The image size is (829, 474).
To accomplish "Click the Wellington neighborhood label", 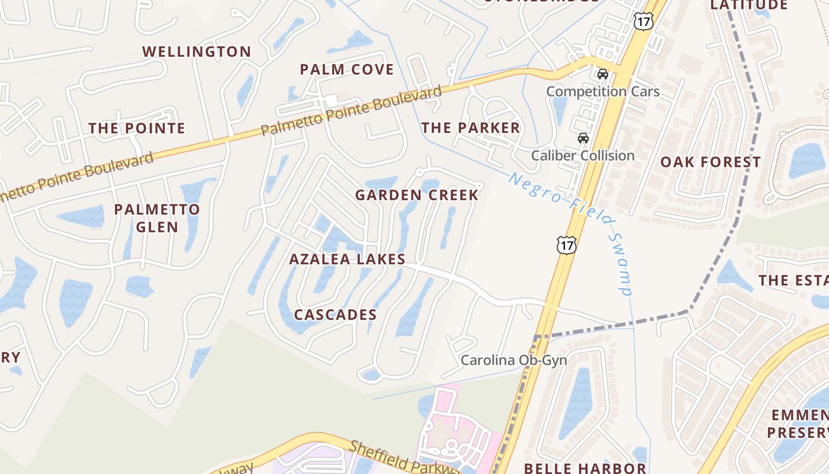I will pyautogui.click(x=197, y=52).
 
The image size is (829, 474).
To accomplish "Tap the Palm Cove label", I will pyautogui.click(x=346, y=69).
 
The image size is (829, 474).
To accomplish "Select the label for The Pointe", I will pyautogui.click(x=137, y=128).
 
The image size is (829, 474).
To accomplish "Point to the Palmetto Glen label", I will pyautogui.click(x=157, y=218).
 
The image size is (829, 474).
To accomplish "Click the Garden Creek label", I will pyautogui.click(x=416, y=195).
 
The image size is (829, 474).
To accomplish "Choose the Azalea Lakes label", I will pyautogui.click(x=347, y=259).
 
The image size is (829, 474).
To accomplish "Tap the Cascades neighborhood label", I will pyautogui.click(x=335, y=315).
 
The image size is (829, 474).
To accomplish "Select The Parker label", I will pyautogui.click(x=470, y=127).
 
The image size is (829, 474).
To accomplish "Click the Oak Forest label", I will pyautogui.click(x=711, y=162).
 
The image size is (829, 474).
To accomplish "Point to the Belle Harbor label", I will pyautogui.click(x=584, y=468).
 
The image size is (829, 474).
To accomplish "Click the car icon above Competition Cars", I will pyautogui.click(x=603, y=74).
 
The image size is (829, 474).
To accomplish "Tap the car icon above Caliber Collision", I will pyautogui.click(x=583, y=138).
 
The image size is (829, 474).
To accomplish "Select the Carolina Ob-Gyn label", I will pyautogui.click(x=513, y=360).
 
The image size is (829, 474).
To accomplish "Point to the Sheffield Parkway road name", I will pyautogui.click(x=403, y=457).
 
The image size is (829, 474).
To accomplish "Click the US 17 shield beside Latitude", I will pyautogui.click(x=643, y=21).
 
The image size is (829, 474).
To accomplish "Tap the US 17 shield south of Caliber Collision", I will pyautogui.click(x=566, y=244).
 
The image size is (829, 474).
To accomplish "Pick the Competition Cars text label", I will pyautogui.click(x=602, y=92).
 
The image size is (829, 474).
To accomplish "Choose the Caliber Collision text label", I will pyautogui.click(x=583, y=156).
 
